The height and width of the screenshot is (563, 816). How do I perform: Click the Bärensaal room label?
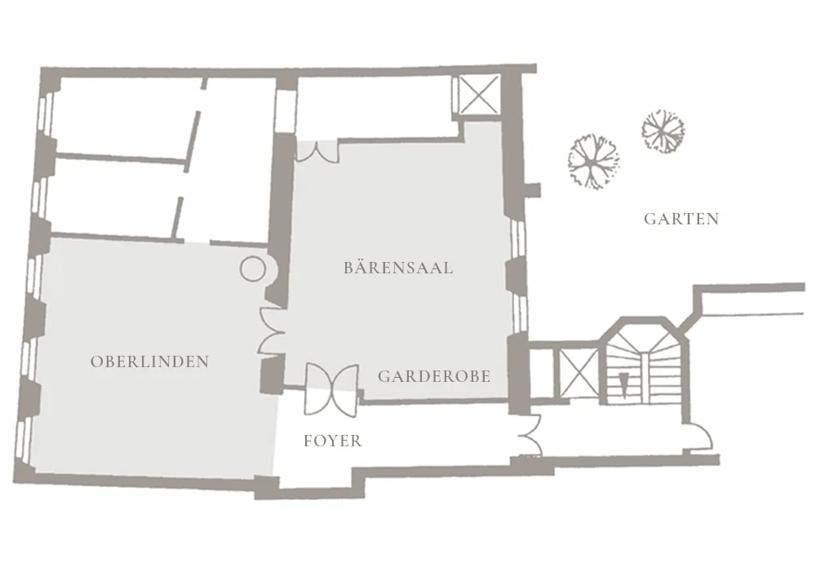pos(398,268)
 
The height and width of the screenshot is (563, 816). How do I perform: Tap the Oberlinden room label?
pos(150,361)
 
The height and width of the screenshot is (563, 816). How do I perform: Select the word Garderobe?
pos(434,376)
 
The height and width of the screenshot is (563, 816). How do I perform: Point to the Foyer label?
pos(333,441)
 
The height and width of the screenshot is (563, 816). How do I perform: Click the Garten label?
pos(681,219)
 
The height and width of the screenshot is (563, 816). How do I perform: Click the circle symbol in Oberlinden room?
pos(253,269)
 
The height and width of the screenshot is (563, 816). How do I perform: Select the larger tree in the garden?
pos(593,162)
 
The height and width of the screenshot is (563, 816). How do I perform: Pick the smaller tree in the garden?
pos(663,131)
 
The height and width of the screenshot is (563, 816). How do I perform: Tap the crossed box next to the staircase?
pos(579,373)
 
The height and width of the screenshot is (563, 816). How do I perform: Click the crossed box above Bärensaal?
pos(479,95)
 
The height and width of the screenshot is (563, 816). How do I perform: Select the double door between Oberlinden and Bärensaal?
pos(271,331)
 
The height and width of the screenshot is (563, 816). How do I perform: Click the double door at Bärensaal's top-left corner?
pos(317,152)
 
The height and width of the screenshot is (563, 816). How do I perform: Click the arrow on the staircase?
pos(623,383)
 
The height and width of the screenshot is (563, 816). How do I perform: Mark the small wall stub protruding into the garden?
pos(534,190)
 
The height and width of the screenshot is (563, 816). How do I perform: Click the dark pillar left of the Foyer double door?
pos(273,375)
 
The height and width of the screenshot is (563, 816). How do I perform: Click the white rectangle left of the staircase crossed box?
pos(541,373)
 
